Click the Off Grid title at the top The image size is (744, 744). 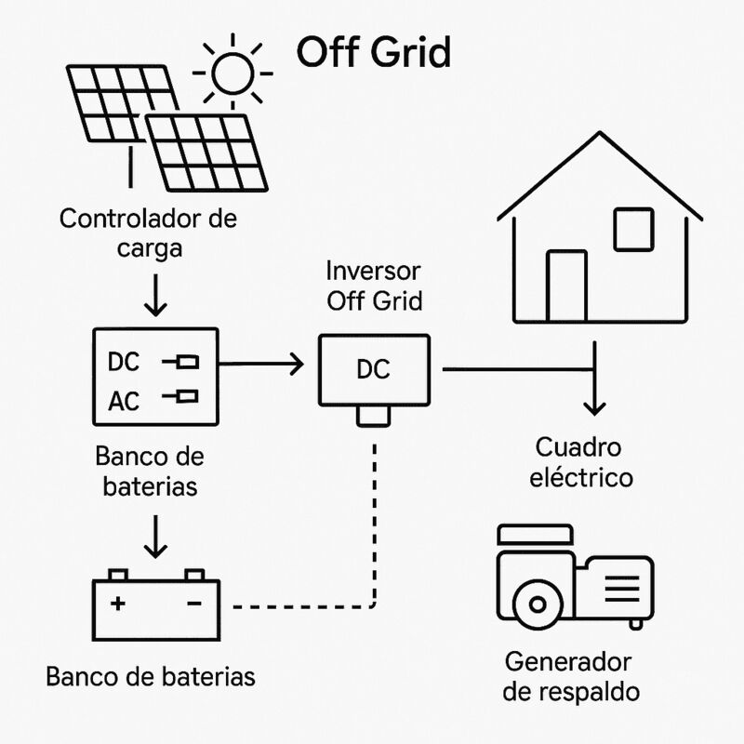373,53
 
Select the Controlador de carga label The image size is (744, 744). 148,234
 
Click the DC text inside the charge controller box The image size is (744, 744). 124,362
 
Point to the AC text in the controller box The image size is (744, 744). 124,402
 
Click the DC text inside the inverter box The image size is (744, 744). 374,370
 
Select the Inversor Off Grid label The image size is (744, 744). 374,286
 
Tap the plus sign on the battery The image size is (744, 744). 118,603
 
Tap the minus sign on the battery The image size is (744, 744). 194,603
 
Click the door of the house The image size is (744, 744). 565,284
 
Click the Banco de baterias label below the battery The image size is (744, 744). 150,676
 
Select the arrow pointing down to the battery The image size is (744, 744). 156,538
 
